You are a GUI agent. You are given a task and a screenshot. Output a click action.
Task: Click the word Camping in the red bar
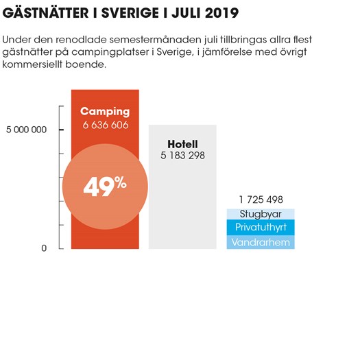105,112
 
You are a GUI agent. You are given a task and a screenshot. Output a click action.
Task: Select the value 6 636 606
106,125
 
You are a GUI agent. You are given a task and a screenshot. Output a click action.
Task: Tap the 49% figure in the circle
105,187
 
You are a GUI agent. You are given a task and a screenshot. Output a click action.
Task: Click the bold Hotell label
182,144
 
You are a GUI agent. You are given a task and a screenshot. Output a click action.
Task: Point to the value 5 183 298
182,156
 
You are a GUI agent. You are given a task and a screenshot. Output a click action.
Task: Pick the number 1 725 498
261,200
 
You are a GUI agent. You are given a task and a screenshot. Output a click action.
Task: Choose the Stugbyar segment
261,214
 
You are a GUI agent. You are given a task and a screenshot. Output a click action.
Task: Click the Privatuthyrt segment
261,227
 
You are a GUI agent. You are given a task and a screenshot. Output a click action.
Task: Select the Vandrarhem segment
261,242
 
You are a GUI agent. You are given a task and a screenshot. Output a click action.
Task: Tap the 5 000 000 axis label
26,130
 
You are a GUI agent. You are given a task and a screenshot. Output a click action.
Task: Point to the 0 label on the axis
44,248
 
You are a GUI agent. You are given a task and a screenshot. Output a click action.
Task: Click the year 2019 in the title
221,13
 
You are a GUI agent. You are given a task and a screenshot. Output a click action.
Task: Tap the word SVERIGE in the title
130,13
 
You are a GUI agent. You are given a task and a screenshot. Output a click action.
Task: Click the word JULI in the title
187,13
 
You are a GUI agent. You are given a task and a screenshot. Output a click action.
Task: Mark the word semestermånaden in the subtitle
156,40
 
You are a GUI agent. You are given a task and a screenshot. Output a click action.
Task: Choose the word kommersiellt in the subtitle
32,64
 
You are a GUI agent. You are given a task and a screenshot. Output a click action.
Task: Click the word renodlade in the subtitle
82,40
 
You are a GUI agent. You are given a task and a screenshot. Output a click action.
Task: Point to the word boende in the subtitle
86,64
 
